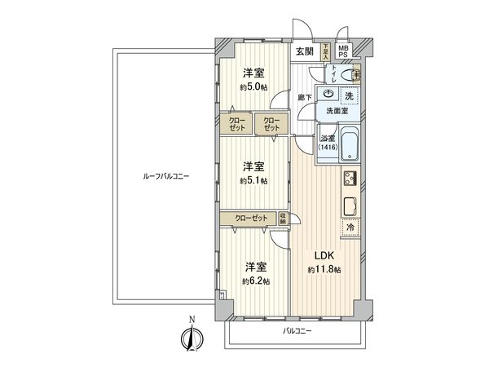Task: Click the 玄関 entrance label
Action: [305, 51]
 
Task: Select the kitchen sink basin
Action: [349, 204]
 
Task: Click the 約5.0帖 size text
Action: [253, 87]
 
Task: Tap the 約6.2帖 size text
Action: [255, 281]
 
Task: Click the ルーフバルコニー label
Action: [165, 175]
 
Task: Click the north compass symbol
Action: [193, 337]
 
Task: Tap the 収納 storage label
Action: [283, 218]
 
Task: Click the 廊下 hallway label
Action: [304, 98]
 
